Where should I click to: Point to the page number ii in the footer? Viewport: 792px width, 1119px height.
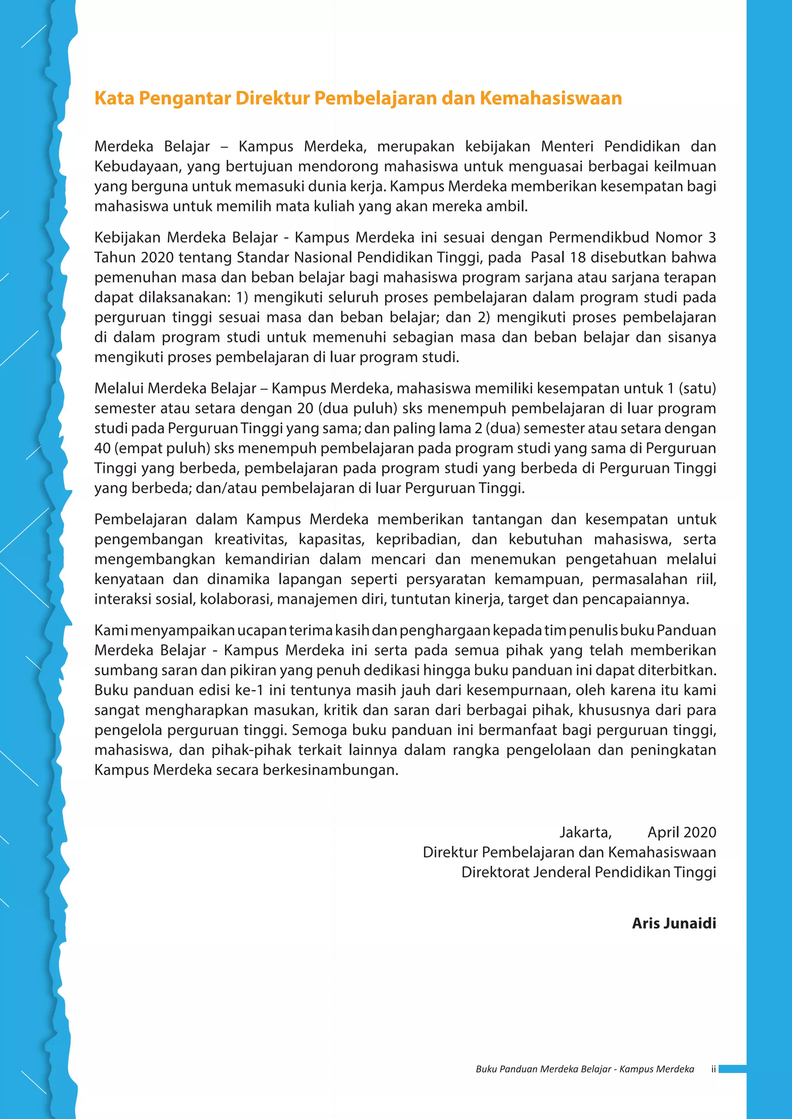tap(713, 1069)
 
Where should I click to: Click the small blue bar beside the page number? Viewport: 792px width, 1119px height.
tap(732, 1069)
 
